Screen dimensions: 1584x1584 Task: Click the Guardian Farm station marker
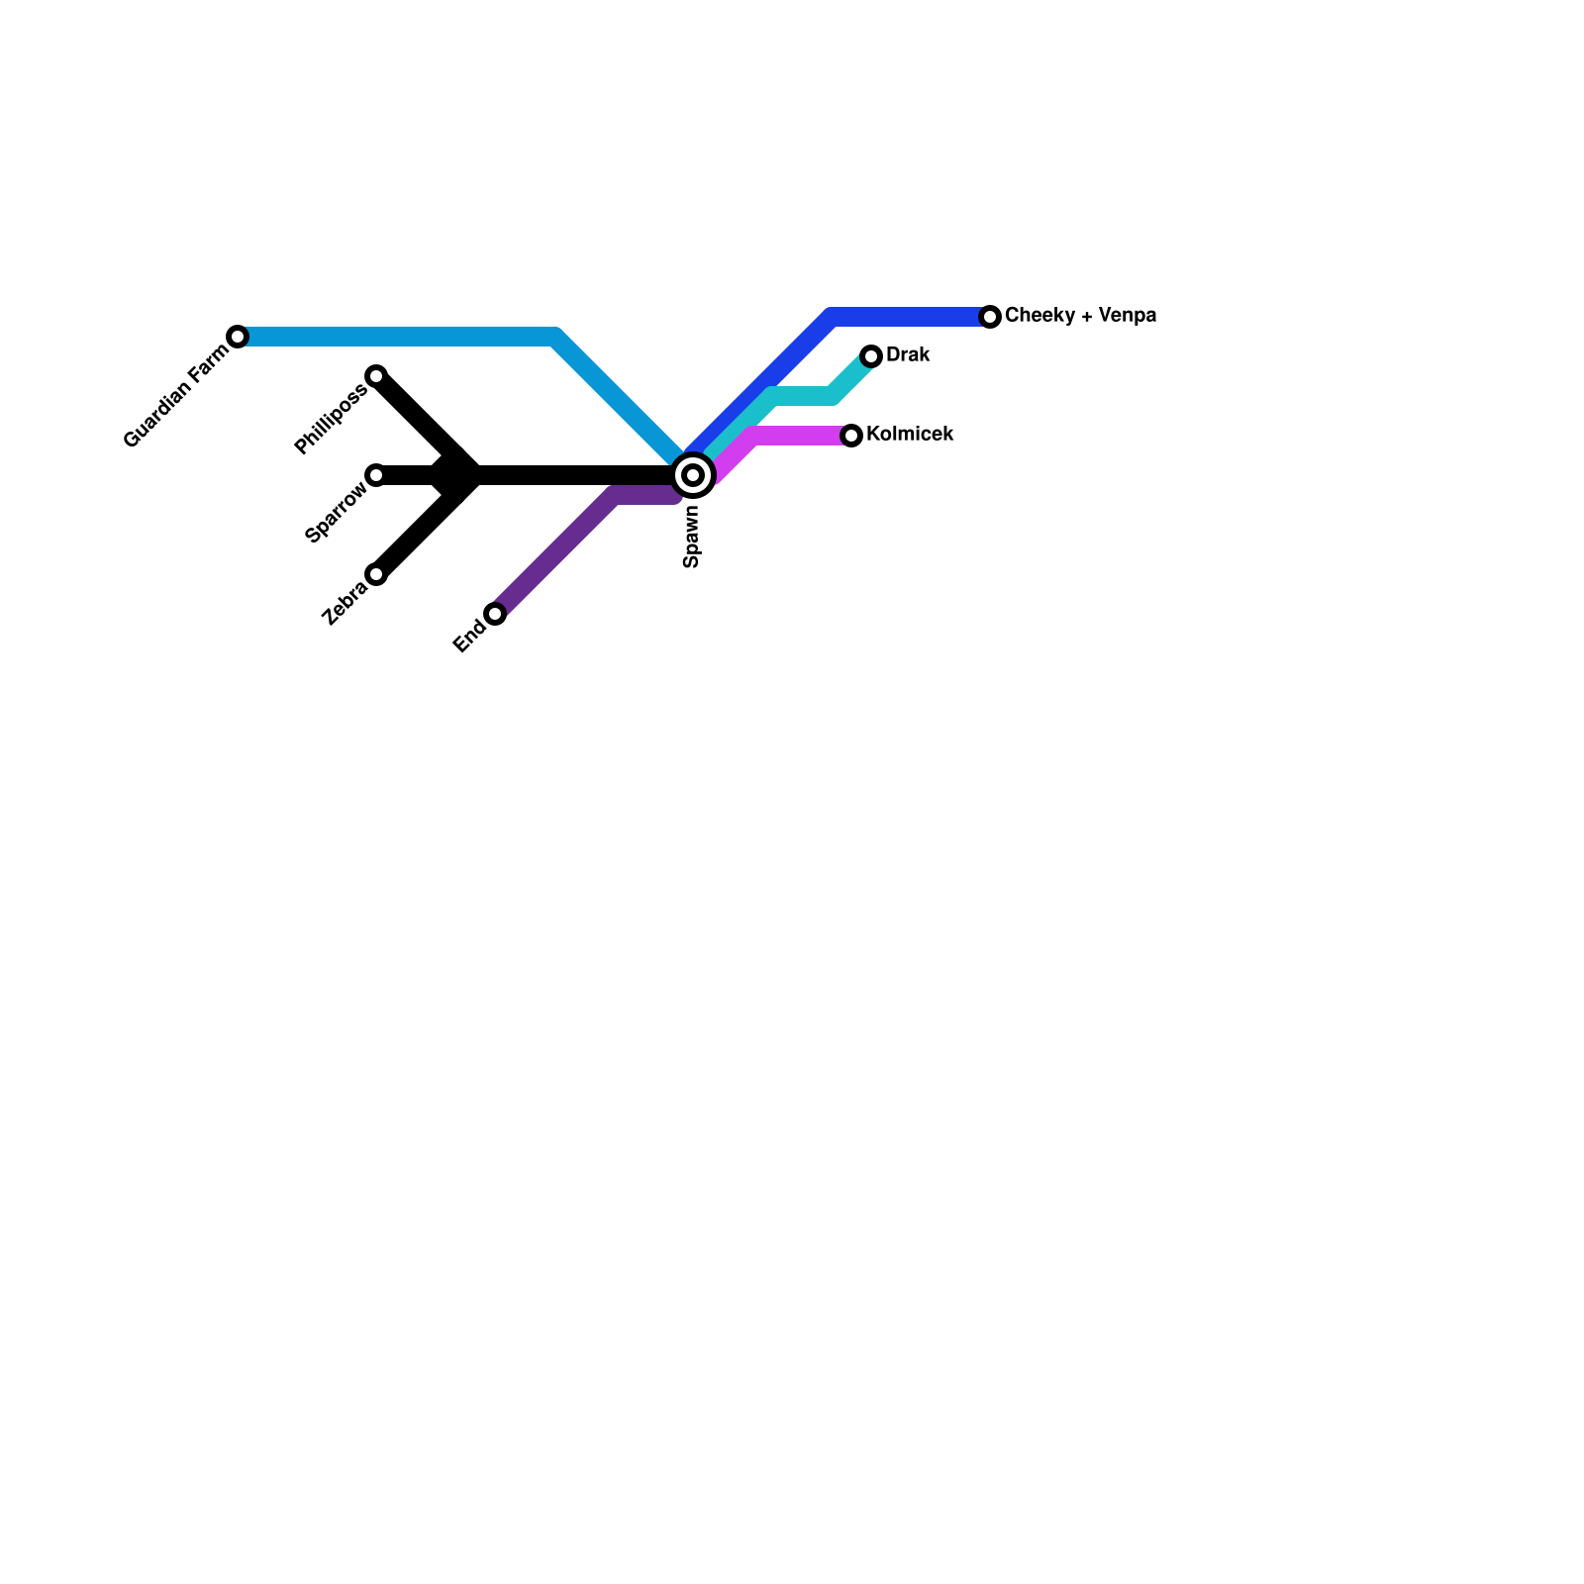tap(238, 337)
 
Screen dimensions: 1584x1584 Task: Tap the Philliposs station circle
tap(376, 375)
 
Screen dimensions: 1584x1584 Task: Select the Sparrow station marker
tap(376, 475)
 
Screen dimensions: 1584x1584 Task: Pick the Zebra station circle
tap(376, 574)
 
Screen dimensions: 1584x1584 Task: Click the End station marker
tap(495, 614)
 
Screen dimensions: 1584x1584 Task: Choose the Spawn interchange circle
tap(694, 475)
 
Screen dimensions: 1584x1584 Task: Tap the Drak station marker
tap(871, 356)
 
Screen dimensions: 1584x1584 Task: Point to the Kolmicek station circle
tap(851, 436)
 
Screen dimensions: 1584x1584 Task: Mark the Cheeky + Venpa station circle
tap(990, 317)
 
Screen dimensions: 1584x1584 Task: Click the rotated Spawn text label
tap(692, 537)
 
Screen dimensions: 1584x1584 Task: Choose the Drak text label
tap(908, 355)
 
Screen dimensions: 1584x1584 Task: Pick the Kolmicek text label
tap(910, 435)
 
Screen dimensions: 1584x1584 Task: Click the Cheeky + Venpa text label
tap(1080, 316)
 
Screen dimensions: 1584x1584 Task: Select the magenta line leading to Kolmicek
tap(792, 436)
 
